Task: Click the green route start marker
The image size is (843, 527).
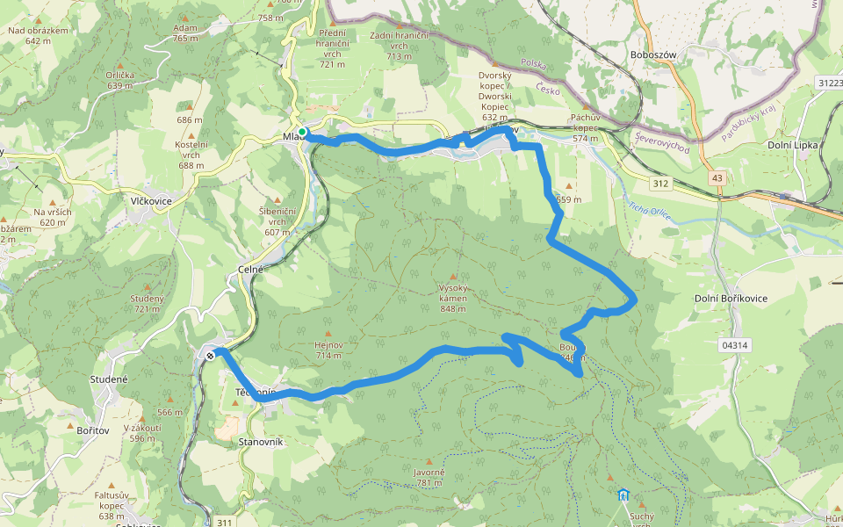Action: [302, 132]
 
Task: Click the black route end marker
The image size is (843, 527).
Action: [211, 355]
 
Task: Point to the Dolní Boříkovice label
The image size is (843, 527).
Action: [731, 299]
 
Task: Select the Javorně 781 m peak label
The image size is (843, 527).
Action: [429, 477]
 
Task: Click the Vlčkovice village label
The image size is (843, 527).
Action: [150, 201]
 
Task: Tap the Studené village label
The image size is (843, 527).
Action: [109, 379]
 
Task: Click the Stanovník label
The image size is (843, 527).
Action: [260, 443]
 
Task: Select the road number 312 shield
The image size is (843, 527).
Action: [661, 184]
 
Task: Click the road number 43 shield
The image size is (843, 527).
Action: [718, 178]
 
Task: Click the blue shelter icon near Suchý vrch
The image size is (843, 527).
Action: [623, 495]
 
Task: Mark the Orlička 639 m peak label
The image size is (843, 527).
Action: [119, 80]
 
